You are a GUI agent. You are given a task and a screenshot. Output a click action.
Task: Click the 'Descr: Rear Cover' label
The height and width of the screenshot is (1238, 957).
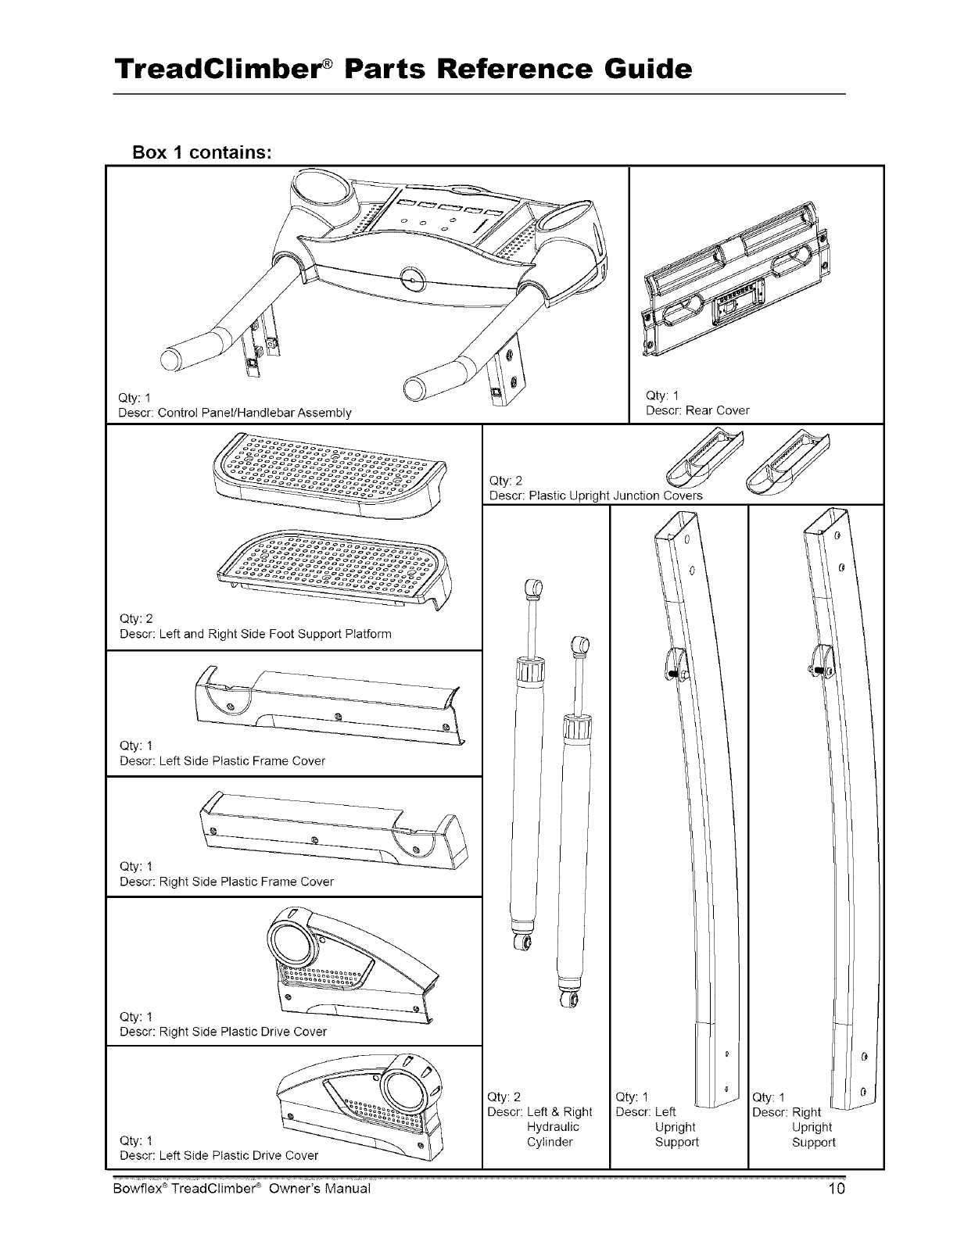coord(697,410)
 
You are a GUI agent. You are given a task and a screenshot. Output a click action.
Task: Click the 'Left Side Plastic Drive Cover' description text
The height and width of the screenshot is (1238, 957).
coord(219,1155)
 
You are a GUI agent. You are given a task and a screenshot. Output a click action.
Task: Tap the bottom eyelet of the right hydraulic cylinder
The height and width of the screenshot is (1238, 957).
coord(575,1001)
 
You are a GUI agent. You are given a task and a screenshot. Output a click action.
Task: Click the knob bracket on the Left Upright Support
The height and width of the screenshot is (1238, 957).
coord(673,663)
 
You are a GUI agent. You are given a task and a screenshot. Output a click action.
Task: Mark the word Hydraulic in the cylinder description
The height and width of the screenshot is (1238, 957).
coord(553,1127)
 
